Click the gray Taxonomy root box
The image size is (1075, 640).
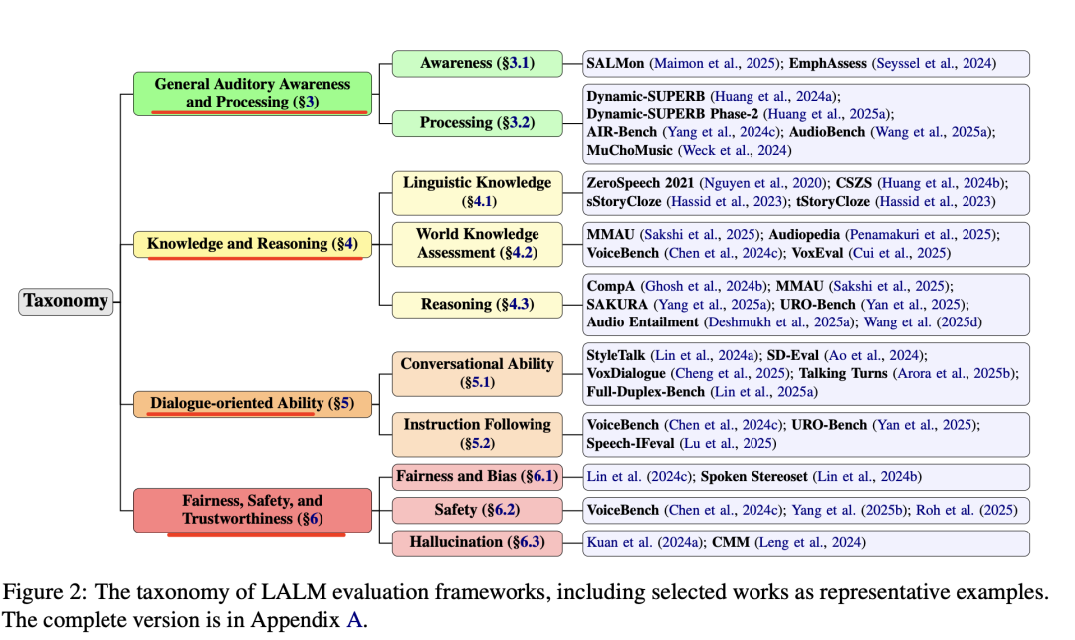[x=66, y=301]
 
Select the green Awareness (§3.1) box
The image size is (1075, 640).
[x=477, y=63]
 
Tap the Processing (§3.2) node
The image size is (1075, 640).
[x=477, y=123]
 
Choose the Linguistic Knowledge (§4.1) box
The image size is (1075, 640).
[x=477, y=192]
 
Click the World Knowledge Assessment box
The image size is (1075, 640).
[x=477, y=244]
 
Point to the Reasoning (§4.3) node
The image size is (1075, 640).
[x=477, y=305]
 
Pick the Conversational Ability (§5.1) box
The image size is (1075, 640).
[x=477, y=374]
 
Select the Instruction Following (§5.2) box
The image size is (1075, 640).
[x=477, y=434]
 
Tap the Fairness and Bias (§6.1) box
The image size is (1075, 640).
[x=477, y=476]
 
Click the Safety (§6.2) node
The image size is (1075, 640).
[x=477, y=510]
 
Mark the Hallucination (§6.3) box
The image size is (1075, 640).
[x=477, y=542]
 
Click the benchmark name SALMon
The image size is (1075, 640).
[x=615, y=63]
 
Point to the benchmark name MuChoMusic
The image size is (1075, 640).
[x=629, y=150]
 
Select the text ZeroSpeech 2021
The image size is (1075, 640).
[x=640, y=183]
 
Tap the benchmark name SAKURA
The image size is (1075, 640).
[x=617, y=305]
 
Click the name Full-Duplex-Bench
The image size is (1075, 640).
[x=645, y=392]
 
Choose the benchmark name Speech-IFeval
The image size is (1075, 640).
[x=630, y=443]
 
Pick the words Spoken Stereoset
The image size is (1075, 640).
[x=753, y=476]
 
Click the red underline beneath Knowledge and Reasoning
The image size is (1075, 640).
[x=255, y=259]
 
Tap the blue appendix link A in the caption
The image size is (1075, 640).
[x=353, y=620]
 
